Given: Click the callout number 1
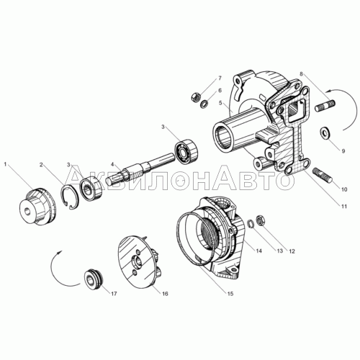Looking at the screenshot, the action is point(5,164).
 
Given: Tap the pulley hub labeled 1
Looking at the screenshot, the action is point(37,207).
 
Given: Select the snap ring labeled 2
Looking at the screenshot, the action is point(69,196).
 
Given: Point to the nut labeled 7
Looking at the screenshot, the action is point(195,96).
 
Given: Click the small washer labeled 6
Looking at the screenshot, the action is point(204,104).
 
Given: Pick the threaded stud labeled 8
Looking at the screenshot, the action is point(325,106).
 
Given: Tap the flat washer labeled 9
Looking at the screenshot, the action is point(325,132).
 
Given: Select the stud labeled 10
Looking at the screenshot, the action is point(323,175).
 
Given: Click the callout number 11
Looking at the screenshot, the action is point(344,206).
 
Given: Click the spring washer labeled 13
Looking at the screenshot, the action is point(251,224).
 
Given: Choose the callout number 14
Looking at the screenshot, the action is point(258,251).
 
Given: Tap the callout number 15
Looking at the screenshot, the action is point(230,294).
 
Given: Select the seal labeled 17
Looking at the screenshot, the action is point(94,279).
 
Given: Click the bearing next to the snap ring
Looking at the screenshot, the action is point(91,187).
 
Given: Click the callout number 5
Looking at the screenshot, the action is point(220,103).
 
